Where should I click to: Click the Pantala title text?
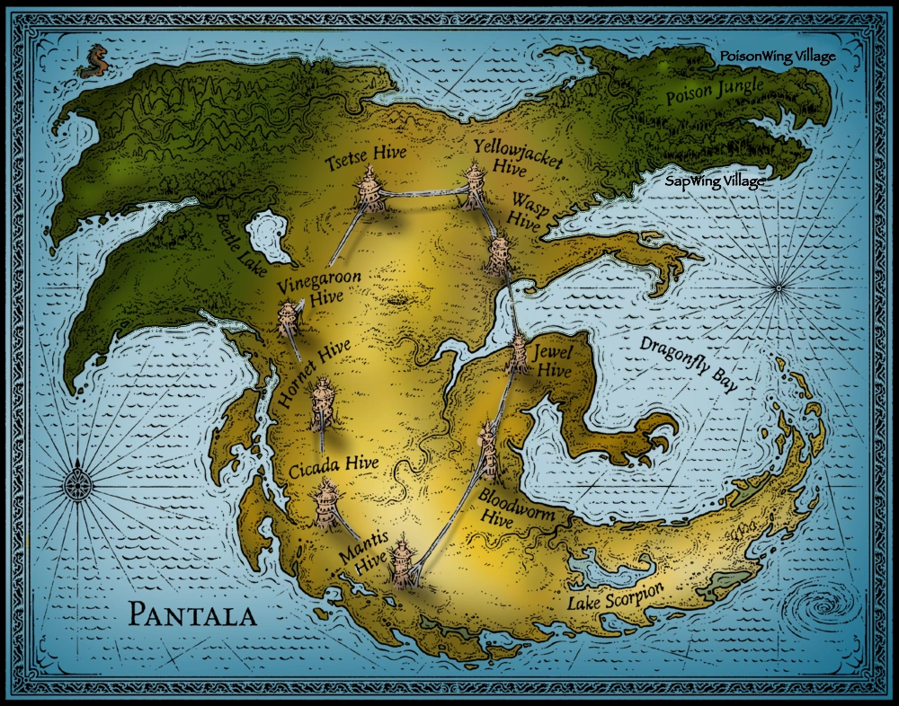191,613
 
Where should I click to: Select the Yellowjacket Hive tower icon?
474,186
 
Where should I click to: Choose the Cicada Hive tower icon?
325,502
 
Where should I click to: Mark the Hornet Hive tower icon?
323,404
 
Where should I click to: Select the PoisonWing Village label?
778,57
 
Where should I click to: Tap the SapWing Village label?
715,181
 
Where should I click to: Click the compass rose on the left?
78,487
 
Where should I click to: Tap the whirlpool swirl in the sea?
824,605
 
